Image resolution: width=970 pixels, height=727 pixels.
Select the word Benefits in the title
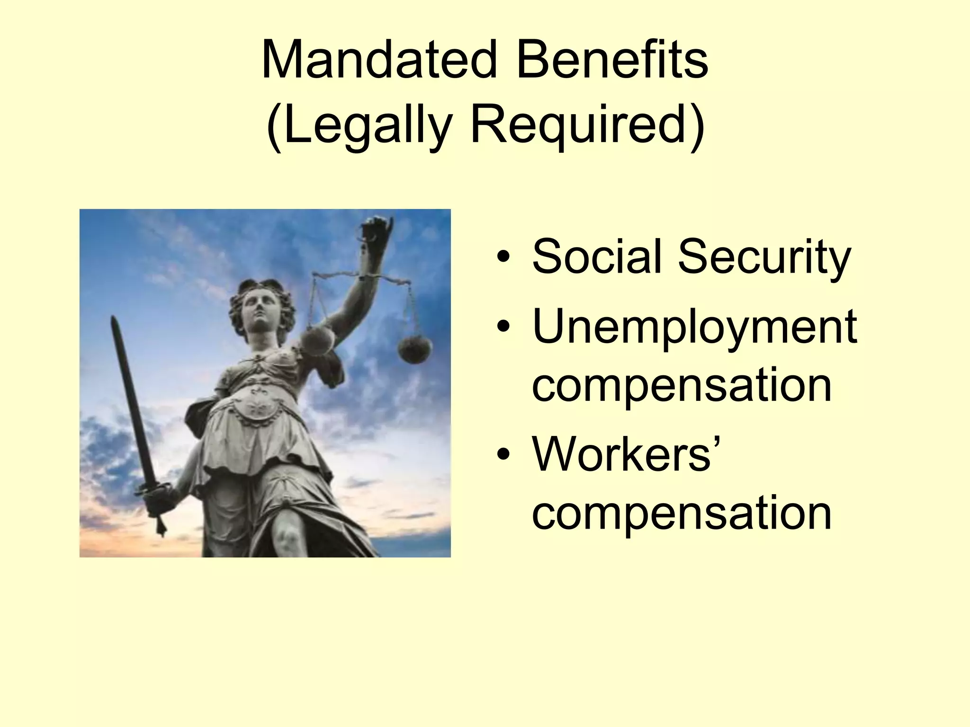(612, 61)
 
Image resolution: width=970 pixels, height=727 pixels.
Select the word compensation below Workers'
(682, 514)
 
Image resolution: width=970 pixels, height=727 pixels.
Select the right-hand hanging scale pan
(415, 349)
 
